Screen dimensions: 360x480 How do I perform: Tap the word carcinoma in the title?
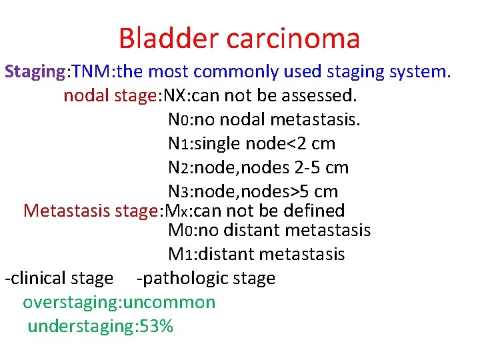tap(293, 38)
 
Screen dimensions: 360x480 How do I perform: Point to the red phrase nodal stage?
tap(109, 95)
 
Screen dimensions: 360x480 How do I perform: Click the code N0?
tap(179, 120)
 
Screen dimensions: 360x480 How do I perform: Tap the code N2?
tap(179, 167)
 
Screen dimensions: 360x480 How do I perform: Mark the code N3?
tap(179, 192)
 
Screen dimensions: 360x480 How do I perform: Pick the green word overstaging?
tap(69, 302)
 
